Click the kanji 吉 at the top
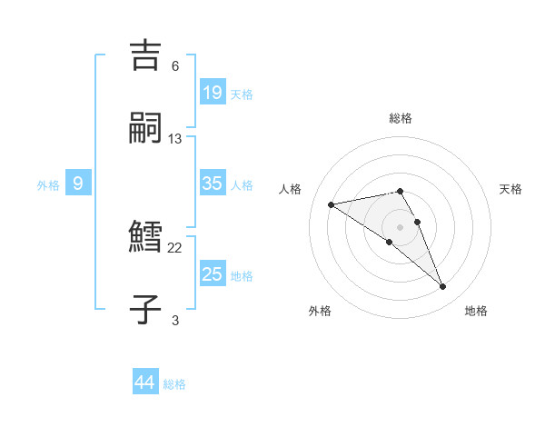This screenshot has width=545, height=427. pos(147,55)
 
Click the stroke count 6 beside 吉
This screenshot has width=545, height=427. pos(175,66)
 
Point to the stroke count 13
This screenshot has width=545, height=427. pos(175,139)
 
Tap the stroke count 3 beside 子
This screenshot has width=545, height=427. pos(175,320)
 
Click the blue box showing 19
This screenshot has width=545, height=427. pos(212,92)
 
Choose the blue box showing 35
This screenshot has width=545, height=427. pos(212,183)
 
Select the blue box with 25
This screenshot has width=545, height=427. pos(212,273)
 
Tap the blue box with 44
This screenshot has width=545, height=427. pos(145,382)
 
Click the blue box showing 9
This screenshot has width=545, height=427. pos(78,183)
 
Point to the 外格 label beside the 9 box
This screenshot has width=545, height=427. pos(48,185)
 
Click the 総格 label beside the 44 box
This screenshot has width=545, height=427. pos(174,385)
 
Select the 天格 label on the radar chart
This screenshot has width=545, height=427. pos(511,189)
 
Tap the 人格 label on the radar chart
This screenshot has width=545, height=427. pos(292,189)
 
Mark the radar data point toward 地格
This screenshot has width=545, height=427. pos(443,287)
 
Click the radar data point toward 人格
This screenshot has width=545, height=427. pos(332,204)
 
